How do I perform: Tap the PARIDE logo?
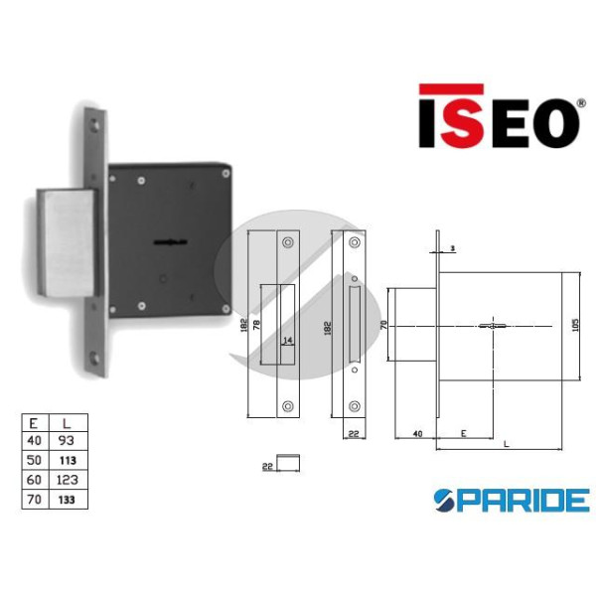click(512, 501)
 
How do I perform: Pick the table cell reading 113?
click(69, 460)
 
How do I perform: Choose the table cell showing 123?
click(69, 480)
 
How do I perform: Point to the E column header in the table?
click(36, 423)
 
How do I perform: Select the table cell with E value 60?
click(36, 480)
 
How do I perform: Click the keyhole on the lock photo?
click(171, 241)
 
